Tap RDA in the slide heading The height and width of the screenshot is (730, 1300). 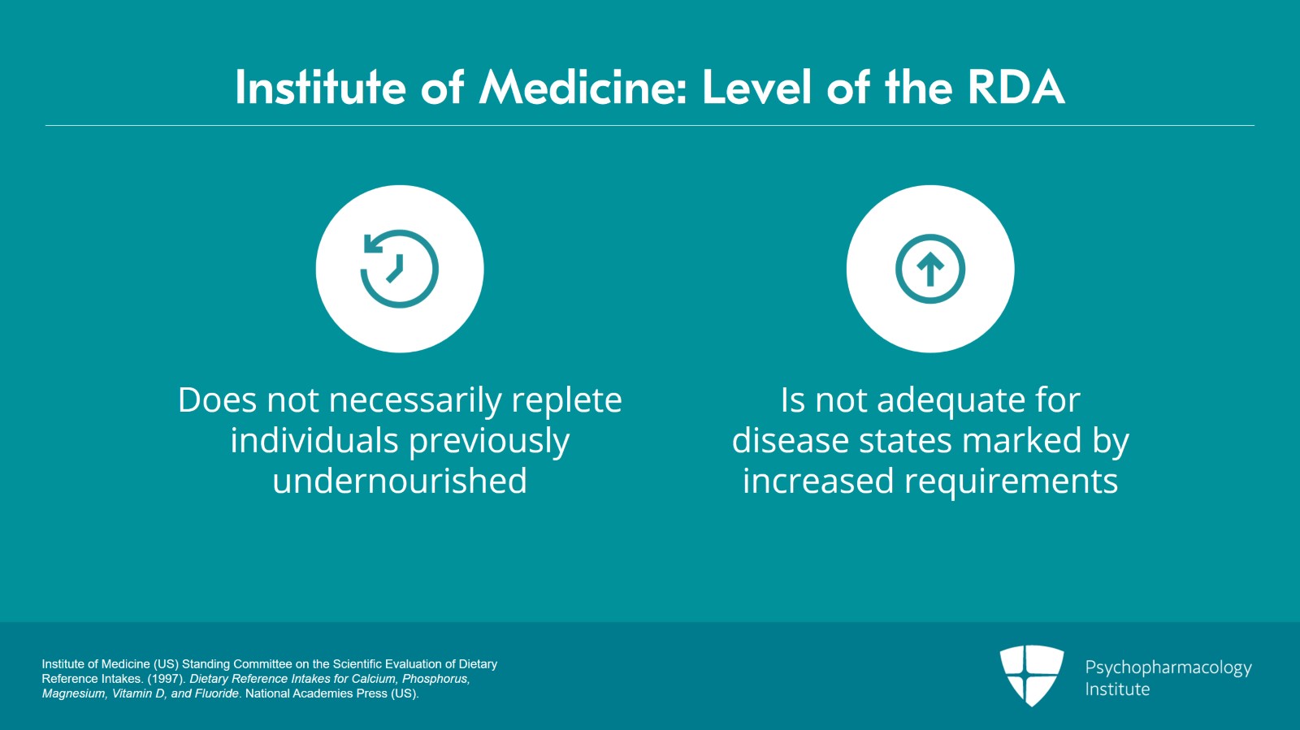1016,88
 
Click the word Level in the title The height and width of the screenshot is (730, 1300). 756,88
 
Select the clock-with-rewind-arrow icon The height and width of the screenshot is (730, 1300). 399,269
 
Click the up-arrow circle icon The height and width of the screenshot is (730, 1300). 930,269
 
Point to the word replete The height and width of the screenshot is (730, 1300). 566,400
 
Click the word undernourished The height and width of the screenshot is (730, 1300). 399,482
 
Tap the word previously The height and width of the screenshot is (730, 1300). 488,442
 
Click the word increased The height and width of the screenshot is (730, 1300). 818,482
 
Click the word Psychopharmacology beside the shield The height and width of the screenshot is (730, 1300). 1168,667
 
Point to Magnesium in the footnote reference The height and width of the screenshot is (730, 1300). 73,693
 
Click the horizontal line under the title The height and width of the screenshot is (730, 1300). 650,126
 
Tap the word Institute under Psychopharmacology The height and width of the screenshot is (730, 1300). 1117,689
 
